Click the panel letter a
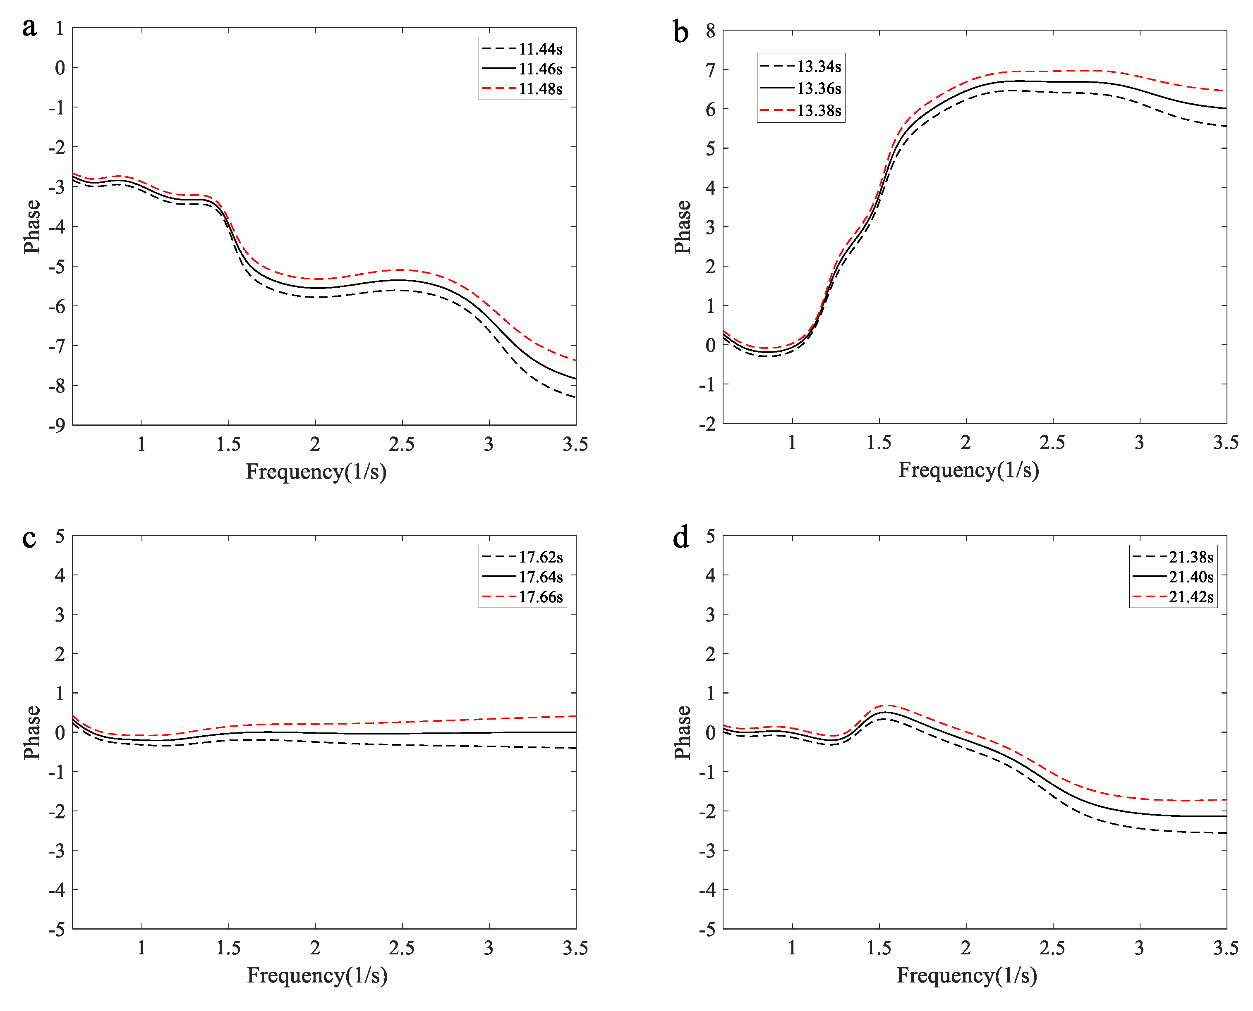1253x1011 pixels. pyautogui.click(x=29, y=27)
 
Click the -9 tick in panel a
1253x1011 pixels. pyautogui.click(x=57, y=426)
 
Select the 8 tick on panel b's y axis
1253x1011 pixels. pyautogui.click(x=710, y=31)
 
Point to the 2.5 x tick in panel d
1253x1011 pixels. pyautogui.click(x=1052, y=948)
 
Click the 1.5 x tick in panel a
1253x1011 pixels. pyautogui.click(x=228, y=444)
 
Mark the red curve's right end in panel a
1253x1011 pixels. pyautogui.click(x=575, y=360)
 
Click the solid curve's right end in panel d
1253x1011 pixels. pyautogui.click(x=1226, y=816)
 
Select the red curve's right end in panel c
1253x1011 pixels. pyautogui.click(x=575, y=716)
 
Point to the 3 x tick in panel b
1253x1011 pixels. pyautogui.click(x=1139, y=443)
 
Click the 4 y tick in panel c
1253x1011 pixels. pyautogui.click(x=60, y=575)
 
